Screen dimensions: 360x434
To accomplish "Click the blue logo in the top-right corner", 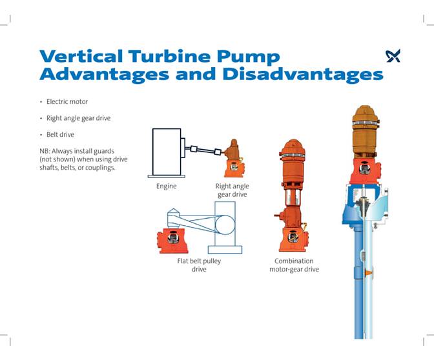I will (x=393, y=56).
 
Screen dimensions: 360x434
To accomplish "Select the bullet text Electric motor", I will (x=67, y=101).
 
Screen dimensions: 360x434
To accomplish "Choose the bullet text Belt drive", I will (x=60, y=135).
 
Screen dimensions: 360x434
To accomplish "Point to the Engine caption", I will (x=166, y=186).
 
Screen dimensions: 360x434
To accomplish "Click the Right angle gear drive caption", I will (x=232, y=190).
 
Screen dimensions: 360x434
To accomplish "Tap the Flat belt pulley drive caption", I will (x=199, y=265).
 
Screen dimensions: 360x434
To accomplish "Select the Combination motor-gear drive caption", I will (x=294, y=265).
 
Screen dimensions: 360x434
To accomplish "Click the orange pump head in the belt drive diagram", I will (x=172, y=240).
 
